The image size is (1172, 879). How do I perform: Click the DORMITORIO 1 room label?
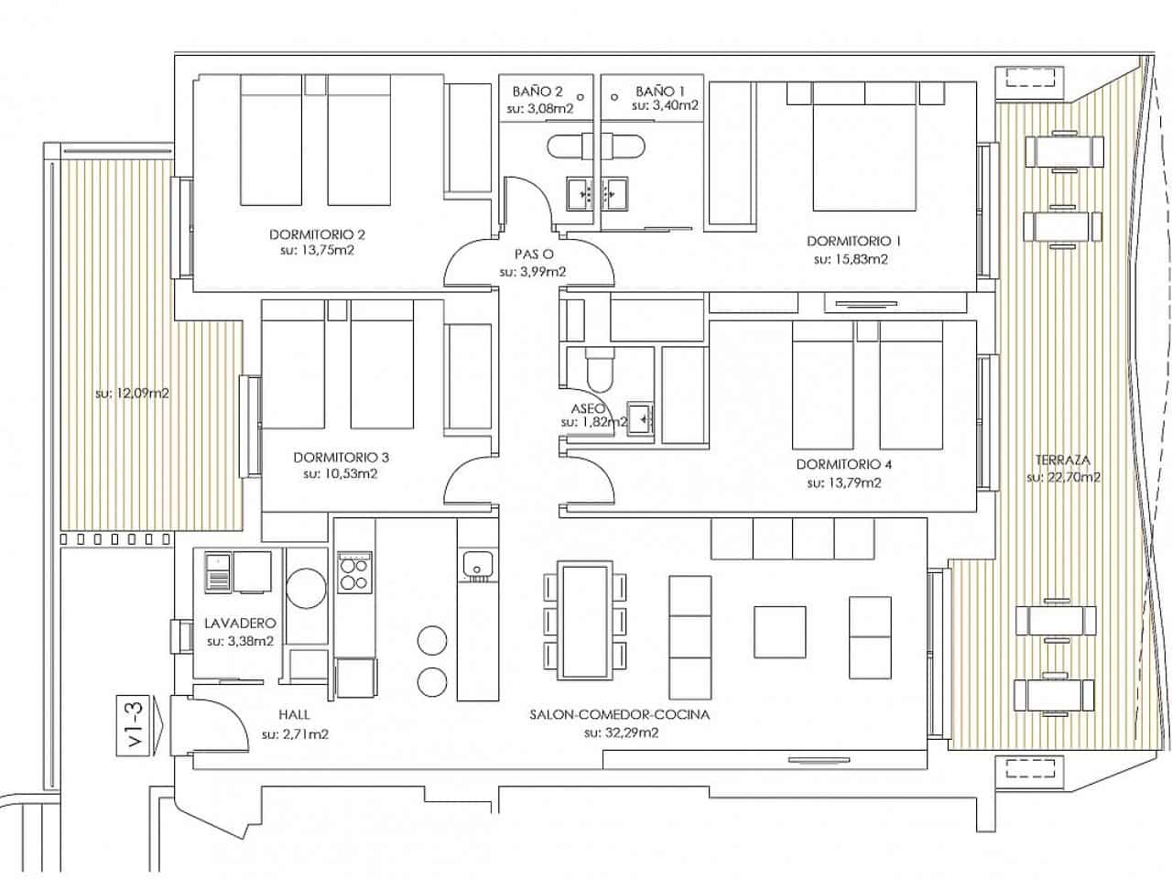click(854, 241)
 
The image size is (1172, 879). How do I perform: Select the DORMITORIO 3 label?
click(342, 457)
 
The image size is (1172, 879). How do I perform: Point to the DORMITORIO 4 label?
click(844, 464)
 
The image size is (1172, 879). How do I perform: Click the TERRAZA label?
click(1062, 460)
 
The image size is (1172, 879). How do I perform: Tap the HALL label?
click(294, 715)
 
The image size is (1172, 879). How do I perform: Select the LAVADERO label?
click(240, 624)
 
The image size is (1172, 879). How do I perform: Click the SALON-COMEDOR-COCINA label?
click(620, 715)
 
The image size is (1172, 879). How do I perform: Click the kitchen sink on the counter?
click(476, 564)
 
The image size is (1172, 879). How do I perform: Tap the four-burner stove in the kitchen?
click(354, 573)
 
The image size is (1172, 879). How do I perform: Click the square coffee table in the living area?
click(779, 630)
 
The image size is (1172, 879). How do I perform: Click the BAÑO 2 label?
click(537, 92)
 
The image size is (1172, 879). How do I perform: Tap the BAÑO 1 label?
click(659, 92)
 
